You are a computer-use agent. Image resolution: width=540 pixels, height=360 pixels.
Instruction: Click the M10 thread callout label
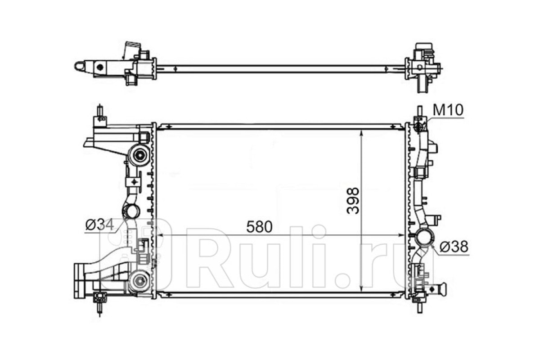pyautogui.click(x=448, y=110)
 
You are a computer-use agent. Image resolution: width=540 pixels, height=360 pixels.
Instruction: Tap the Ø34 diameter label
pyautogui.click(x=99, y=225)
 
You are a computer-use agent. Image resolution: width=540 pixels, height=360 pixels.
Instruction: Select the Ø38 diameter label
pyautogui.click(x=454, y=247)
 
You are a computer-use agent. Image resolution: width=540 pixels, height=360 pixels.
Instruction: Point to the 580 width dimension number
pyautogui.click(x=259, y=227)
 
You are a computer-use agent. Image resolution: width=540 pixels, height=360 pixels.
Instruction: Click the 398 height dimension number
pyautogui.click(x=353, y=201)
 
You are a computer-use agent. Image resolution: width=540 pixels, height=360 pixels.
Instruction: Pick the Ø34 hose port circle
pyautogui.click(x=131, y=211)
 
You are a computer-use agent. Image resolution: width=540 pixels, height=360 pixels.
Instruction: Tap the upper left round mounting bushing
pyautogui.click(x=139, y=155)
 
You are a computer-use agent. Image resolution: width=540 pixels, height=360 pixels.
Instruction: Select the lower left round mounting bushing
pyautogui.click(x=139, y=281)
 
